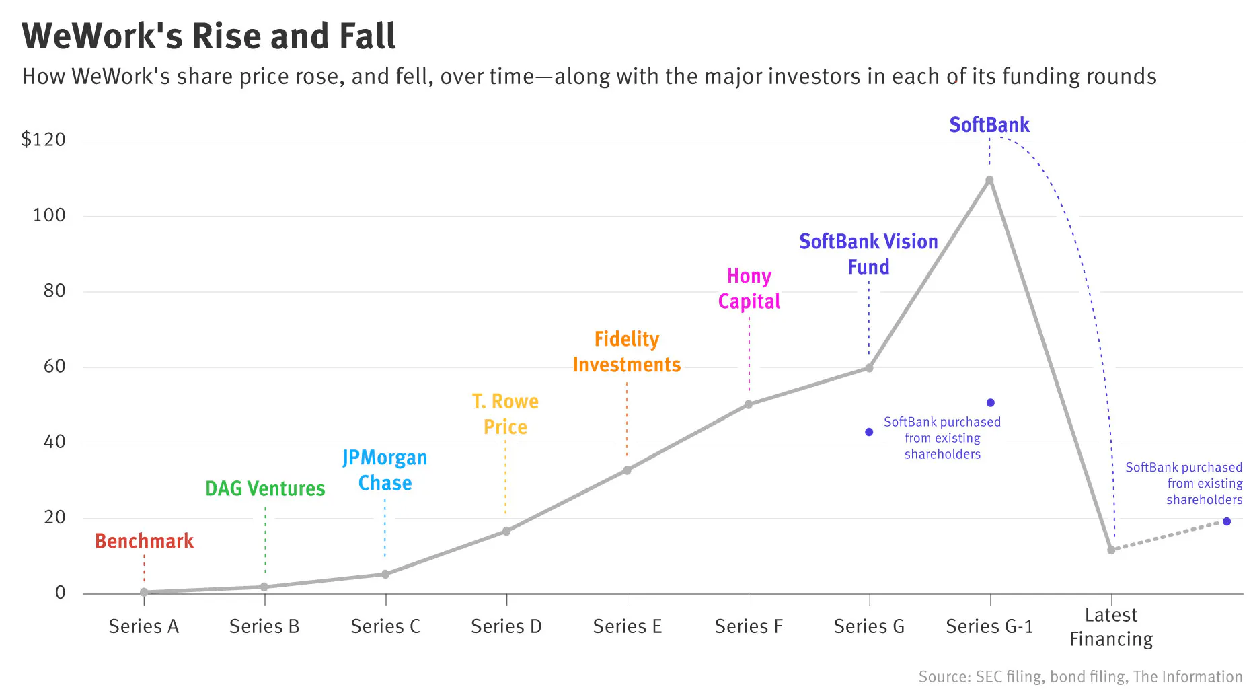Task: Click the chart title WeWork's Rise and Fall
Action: point(208,36)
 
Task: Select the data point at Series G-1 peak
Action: point(989,180)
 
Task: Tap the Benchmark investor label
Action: point(144,541)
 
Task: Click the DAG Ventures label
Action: point(265,488)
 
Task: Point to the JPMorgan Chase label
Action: point(385,470)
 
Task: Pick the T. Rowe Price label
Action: point(505,414)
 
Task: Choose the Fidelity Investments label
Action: point(627,352)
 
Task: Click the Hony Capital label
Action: point(749,289)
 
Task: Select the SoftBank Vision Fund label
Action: point(868,254)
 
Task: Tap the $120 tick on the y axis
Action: point(44,139)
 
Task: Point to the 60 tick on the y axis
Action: point(54,367)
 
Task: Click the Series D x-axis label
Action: point(506,626)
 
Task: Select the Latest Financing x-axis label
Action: point(1111,627)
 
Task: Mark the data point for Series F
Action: point(749,404)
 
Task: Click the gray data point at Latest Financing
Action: point(1111,550)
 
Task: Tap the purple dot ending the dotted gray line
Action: point(1227,521)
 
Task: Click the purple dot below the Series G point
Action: point(869,432)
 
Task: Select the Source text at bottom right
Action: point(1080,677)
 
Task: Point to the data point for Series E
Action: point(627,470)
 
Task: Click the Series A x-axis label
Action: point(143,626)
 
